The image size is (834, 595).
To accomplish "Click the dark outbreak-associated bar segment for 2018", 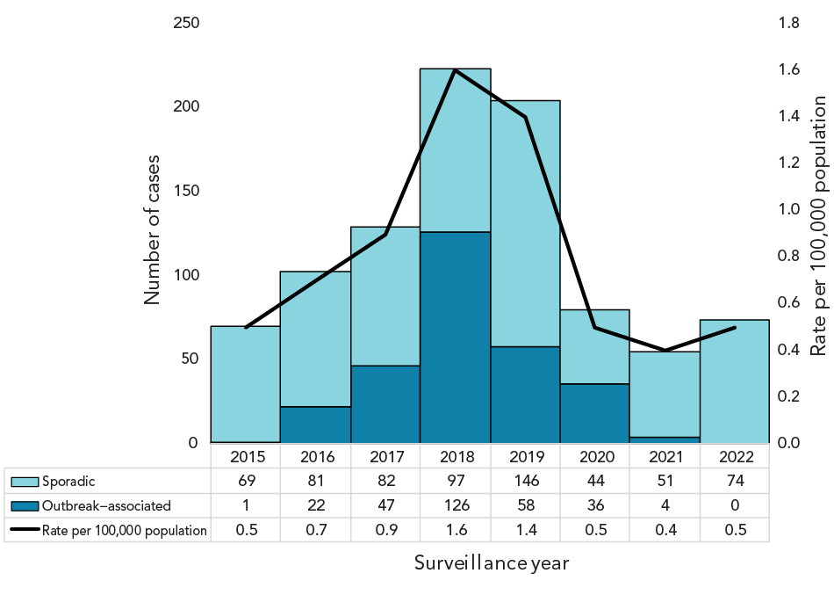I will pyautogui.click(x=455, y=337).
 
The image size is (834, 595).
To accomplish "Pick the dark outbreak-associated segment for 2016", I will pyautogui.click(x=315, y=424).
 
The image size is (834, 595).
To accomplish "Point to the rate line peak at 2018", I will pyautogui.click(x=455, y=69).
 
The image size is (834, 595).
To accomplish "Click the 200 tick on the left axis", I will pyautogui.click(x=190, y=106).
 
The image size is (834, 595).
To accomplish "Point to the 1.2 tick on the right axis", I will pyautogui.click(x=788, y=163).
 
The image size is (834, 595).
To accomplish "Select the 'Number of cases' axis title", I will pyautogui.click(x=153, y=233).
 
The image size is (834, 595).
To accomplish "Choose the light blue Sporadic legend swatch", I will pyautogui.click(x=24, y=481).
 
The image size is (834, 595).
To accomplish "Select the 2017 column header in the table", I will pyautogui.click(x=385, y=456).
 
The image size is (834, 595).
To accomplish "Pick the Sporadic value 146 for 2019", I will pyautogui.click(x=525, y=481).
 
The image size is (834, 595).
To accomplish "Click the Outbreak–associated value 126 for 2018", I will pyautogui.click(x=455, y=505).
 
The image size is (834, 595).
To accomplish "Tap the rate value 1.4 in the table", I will pyautogui.click(x=525, y=530).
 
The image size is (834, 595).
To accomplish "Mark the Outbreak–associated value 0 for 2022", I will pyautogui.click(x=734, y=505).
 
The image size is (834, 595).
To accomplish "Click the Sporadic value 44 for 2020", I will pyautogui.click(x=594, y=481).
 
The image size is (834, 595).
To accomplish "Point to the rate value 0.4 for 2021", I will pyautogui.click(x=665, y=530).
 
